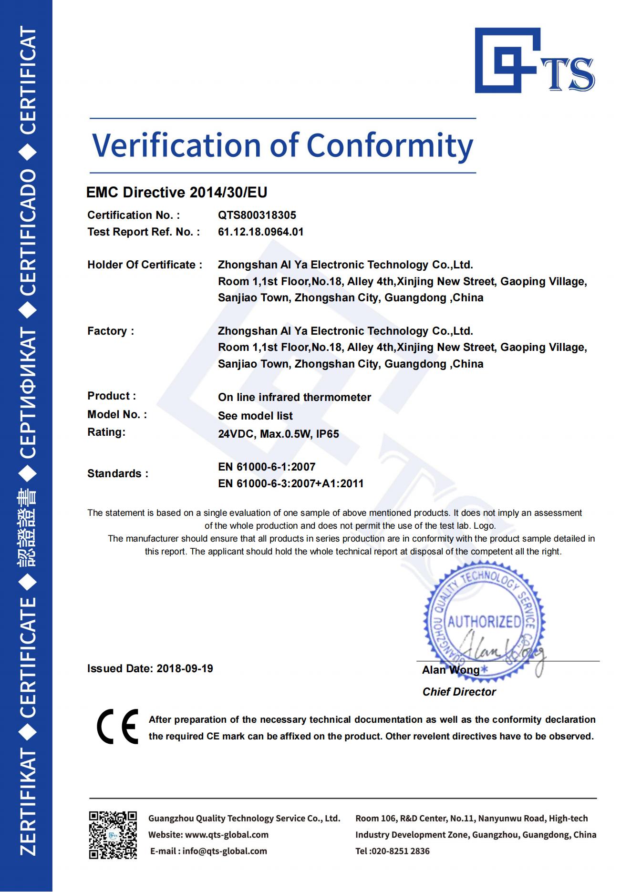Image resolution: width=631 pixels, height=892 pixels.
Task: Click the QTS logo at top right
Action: coord(534,61)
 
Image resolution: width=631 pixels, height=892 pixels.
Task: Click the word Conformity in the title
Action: coord(390,145)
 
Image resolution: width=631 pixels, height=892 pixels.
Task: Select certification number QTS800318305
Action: coord(257,215)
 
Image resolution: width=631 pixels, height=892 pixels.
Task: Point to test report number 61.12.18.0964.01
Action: coord(260,232)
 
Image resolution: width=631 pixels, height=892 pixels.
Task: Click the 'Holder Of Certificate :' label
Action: coord(145,265)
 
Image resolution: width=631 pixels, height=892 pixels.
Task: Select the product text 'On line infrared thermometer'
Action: coord(294,397)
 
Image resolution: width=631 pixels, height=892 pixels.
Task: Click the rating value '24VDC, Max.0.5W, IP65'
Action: coord(279,434)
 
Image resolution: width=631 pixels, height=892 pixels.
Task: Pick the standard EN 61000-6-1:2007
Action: coord(267,467)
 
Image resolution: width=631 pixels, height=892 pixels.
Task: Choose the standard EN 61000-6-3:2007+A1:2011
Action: coord(291,484)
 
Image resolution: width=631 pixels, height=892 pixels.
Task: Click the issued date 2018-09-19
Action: coord(185,669)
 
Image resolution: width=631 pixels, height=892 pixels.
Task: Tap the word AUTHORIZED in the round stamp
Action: coord(484,622)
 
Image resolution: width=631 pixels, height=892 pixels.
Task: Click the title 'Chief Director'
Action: coord(459,692)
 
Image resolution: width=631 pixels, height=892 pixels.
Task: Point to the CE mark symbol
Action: coord(117,727)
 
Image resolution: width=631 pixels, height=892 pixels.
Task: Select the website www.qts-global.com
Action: coord(227,835)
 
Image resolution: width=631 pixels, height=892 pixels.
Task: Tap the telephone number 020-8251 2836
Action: coord(400,851)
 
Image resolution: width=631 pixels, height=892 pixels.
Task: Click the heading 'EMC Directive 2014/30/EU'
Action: coord(176,193)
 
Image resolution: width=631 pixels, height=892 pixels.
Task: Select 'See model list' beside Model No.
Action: coord(255,416)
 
